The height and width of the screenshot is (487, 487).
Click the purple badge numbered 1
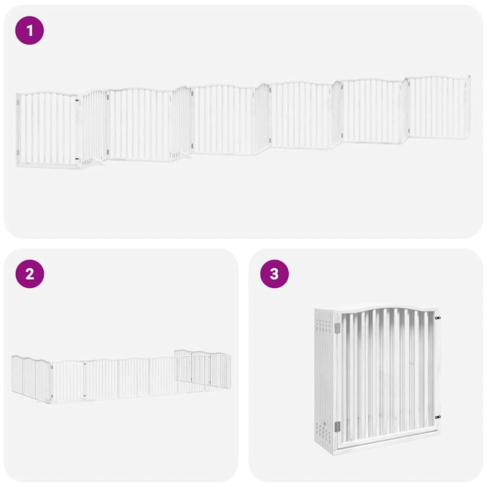coord(29,30)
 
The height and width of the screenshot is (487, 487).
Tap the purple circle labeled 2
coord(29,274)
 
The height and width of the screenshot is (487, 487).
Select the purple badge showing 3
coord(274,274)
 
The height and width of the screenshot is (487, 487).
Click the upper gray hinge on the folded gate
coord(337,328)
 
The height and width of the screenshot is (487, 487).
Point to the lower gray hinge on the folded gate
coord(337,426)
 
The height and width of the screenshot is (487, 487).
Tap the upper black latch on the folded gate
coord(437,317)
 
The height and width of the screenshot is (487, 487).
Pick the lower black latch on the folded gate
coord(437,417)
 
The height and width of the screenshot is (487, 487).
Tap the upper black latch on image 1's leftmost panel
coord(77,100)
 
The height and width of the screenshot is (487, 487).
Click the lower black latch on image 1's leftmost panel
coord(77,159)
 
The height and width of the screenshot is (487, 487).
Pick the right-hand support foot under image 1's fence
coord(185,155)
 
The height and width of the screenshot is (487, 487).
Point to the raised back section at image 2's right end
coord(203,368)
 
